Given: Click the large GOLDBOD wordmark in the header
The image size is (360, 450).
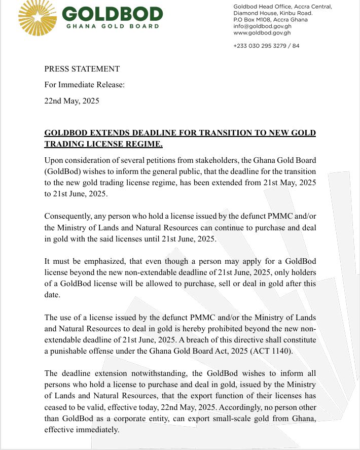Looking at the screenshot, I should coord(113,14).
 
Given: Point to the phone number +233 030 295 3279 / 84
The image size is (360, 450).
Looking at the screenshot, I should coord(266,46).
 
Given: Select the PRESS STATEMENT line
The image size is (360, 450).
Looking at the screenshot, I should coord(82,69).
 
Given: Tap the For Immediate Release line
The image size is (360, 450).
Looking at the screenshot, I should coord(84,85).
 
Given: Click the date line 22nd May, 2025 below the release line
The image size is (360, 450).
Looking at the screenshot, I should coord(71,100).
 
